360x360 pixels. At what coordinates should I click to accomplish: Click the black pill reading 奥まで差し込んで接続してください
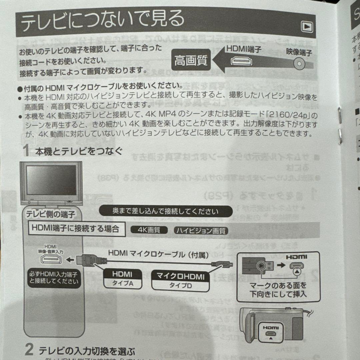pyautogui.click(x=165, y=211)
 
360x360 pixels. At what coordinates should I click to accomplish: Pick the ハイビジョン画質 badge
pyautogui.click(x=201, y=230)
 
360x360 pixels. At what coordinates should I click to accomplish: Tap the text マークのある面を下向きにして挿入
pyautogui.click(x=278, y=290)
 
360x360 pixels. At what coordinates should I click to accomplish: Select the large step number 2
pyautogui.click(x=29, y=350)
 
